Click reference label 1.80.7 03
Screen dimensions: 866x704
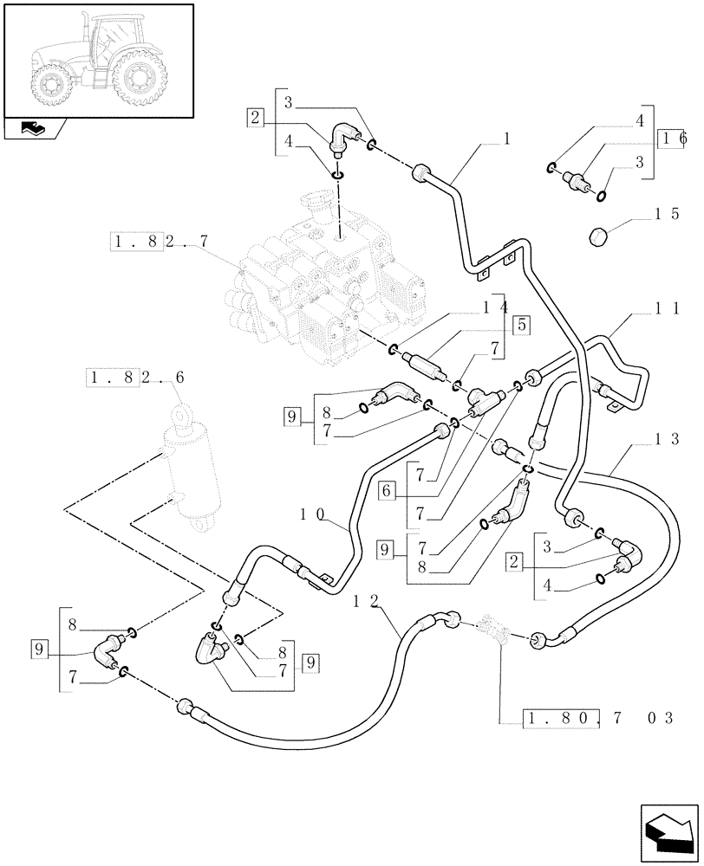click(x=598, y=717)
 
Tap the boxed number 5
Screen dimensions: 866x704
click(x=522, y=326)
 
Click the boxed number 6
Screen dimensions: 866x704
click(x=389, y=491)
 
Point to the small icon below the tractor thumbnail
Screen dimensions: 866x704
click(x=35, y=129)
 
